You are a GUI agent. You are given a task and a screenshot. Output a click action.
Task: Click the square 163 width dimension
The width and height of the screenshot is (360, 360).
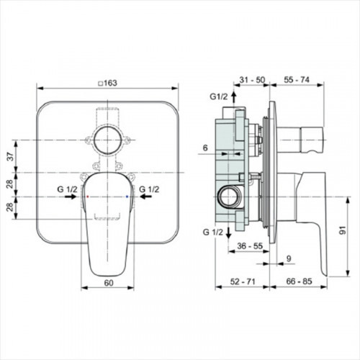(x=108, y=83)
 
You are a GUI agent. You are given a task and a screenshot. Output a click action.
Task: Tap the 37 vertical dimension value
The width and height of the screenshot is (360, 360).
(x=9, y=156)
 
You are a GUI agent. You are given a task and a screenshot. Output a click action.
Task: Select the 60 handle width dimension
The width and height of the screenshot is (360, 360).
(x=109, y=283)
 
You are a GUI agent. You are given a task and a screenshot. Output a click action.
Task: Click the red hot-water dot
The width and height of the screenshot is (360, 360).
(x=88, y=197)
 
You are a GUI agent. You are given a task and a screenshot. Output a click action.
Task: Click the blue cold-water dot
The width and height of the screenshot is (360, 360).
(x=127, y=197)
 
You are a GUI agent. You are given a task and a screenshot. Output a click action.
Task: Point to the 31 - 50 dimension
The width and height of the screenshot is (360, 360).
(x=252, y=80)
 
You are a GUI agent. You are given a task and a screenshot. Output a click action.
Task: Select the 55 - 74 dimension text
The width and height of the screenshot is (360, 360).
(x=297, y=80)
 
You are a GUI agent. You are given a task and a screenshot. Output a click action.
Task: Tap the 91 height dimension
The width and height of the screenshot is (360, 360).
(x=343, y=230)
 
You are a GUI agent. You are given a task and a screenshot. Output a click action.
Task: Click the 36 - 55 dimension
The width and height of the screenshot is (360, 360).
(x=250, y=246)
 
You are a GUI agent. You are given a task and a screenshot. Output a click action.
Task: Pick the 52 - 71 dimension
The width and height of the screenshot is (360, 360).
(x=243, y=282)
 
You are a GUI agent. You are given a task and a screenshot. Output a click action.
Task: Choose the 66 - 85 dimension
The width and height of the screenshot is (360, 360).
(x=299, y=282)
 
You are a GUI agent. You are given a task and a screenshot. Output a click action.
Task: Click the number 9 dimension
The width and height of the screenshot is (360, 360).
(x=289, y=258)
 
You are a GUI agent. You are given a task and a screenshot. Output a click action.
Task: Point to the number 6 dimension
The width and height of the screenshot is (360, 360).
(x=205, y=148)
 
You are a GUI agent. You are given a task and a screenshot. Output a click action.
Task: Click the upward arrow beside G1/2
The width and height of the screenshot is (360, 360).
(x=234, y=97)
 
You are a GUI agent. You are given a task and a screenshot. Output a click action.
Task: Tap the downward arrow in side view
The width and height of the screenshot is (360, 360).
(x=228, y=233)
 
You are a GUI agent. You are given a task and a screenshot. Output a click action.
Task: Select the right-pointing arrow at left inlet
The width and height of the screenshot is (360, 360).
(x=71, y=197)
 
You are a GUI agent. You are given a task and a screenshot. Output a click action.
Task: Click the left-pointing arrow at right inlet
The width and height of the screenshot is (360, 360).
(x=146, y=197)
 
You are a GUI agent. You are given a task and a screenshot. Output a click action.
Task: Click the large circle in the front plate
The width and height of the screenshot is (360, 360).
(x=107, y=140)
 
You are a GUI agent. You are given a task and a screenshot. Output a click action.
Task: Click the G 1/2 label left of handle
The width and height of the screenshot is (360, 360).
(x=67, y=189)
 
